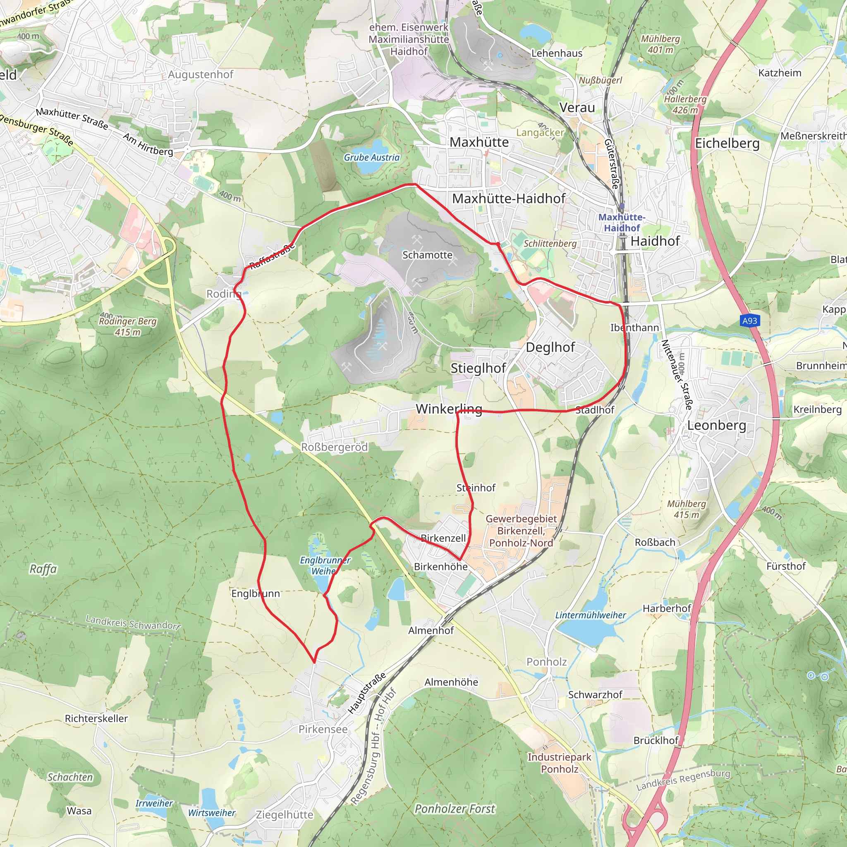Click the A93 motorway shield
(x=749, y=321)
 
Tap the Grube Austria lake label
(x=371, y=158)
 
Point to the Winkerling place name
(x=448, y=409)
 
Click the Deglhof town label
(x=550, y=347)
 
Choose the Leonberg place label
(x=716, y=425)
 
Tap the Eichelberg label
(x=727, y=144)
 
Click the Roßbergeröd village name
(x=334, y=447)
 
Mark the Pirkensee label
(x=323, y=729)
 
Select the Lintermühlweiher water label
(x=591, y=615)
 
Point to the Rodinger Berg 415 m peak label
(x=127, y=327)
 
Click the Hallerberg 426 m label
(x=685, y=104)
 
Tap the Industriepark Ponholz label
(x=560, y=763)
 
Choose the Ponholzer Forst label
(x=455, y=809)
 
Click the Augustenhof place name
(x=200, y=74)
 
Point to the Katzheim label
(x=780, y=73)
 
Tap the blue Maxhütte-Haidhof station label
(x=622, y=222)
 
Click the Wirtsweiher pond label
(x=212, y=813)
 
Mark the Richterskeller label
(x=96, y=718)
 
